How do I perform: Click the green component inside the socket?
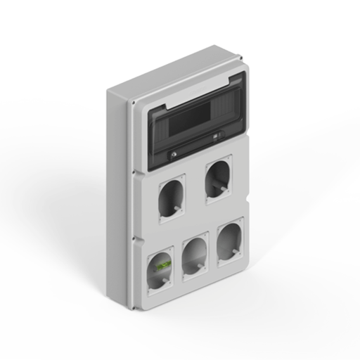point(163,266)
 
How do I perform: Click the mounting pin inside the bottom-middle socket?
point(201,266)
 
